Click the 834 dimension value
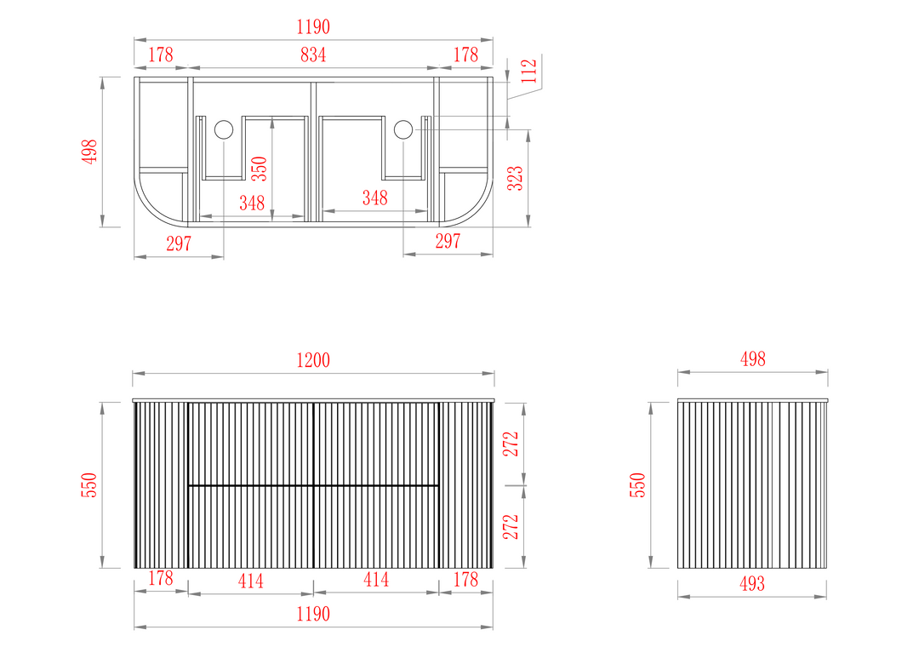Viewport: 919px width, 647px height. (x=313, y=54)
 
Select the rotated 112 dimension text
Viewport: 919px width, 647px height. (x=528, y=71)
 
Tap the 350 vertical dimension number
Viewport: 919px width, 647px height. (x=259, y=169)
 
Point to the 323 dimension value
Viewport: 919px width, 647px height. (x=515, y=178)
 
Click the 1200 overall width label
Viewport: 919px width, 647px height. (x=313, y=360)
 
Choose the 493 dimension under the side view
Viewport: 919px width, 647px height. (x=752, y=584)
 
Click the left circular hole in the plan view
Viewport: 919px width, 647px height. (x=223, y=129)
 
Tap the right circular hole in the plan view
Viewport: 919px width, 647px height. (x=403, y=129)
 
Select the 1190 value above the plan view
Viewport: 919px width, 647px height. (x=313, y=27)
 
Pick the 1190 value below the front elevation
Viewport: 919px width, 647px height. (x=313, y=614)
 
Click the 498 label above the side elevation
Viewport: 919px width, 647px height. (x=752, y=359)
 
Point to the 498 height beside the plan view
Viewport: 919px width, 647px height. (x=89, y=152)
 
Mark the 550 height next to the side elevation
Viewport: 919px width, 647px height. (x=637, y=485)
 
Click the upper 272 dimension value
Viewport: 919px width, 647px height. (x=511, y=444)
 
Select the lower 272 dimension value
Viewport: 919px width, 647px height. (x=511, y=527)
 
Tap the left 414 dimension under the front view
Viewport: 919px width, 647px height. (x=250, y=581)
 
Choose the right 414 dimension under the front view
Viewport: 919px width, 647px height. (x=376, y=580)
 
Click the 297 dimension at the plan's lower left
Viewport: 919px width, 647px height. (x=179, y=243)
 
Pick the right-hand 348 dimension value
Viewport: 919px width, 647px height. (x=374, y=198)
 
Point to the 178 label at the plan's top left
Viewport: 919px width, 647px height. (x=161, y=54)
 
